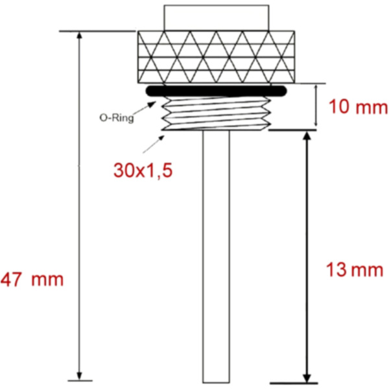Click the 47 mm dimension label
coord(32,280)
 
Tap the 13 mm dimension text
coord(353,270)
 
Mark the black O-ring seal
coord(217,91)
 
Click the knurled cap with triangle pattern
coord(217,57)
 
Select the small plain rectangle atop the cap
coord(216,16)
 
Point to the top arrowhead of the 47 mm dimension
coord(80,36)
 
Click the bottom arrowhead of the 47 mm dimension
coord(80,375)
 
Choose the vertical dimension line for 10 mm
coord(316,105)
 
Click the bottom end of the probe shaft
coord(216,381)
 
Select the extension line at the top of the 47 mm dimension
coord(97,31)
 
